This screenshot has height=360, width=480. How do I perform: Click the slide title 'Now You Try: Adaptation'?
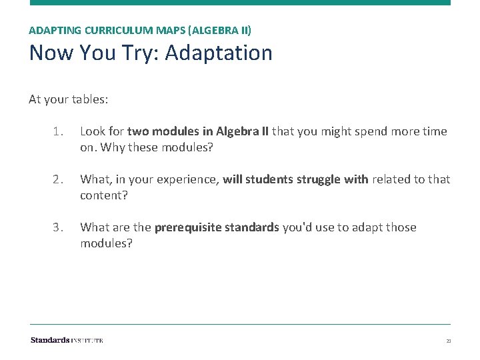tap(151, 53)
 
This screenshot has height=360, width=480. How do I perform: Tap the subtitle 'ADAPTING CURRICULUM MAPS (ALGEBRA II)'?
tap(140, 30)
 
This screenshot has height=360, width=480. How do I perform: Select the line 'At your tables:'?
tap(69, 99)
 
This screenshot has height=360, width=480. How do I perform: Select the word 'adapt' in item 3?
tap(359, 227)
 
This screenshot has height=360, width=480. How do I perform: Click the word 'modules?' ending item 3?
tap(106, 243)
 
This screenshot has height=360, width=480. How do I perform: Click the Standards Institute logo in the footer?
tap(67, 340)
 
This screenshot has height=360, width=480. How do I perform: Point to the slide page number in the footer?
tap(449, 341)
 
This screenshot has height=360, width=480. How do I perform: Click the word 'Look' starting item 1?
tap(92, 131)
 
